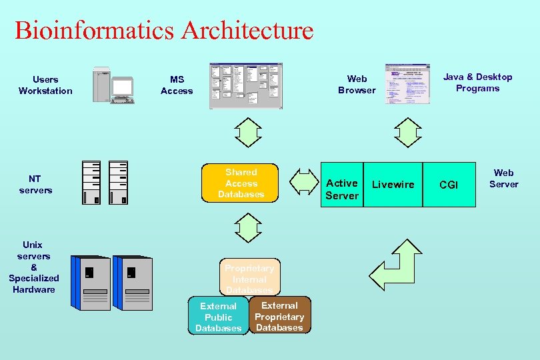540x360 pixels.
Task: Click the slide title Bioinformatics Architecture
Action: [164, 30]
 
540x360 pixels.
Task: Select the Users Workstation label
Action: [45, 85]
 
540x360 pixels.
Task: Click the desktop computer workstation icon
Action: [113, 85]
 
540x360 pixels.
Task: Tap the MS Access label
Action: [177, 85]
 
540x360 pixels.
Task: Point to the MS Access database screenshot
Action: [246, 86]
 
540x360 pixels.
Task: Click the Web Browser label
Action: [357, 85]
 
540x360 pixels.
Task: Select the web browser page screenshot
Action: [407, 84]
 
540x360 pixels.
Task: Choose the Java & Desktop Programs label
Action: [477, 83]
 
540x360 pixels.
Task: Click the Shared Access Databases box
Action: [241, 183]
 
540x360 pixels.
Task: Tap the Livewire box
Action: [393, 185]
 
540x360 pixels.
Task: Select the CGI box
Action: [449, 185]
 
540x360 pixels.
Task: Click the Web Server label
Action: [503, 179]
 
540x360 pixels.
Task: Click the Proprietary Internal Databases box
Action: [249, 276]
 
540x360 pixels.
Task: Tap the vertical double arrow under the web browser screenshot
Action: [407, 132]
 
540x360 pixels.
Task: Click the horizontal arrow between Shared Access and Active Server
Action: [305, 181]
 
